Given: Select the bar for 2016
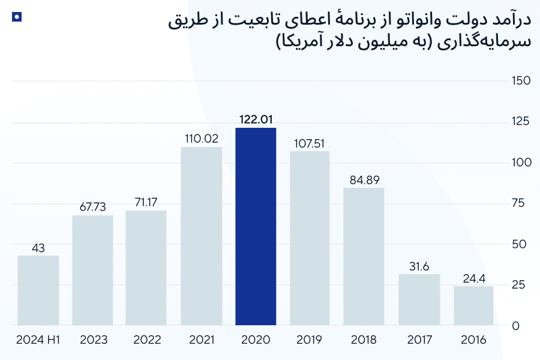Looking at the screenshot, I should [473, 306].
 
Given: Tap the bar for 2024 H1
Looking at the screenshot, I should [38, 291].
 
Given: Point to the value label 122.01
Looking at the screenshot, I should [256, 119].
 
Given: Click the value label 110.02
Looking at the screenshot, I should [202, 138].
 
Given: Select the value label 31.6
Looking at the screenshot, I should [419, 265].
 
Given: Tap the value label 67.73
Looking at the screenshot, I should [92, 206].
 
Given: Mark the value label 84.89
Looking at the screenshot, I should [364, 179].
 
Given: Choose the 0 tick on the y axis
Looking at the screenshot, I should [515, 326].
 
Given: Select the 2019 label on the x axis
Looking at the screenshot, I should [310, 340].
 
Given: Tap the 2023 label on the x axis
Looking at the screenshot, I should [92, 340].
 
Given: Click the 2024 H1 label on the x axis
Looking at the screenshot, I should [38, 340].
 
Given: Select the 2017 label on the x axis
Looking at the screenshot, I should [419, 340].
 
